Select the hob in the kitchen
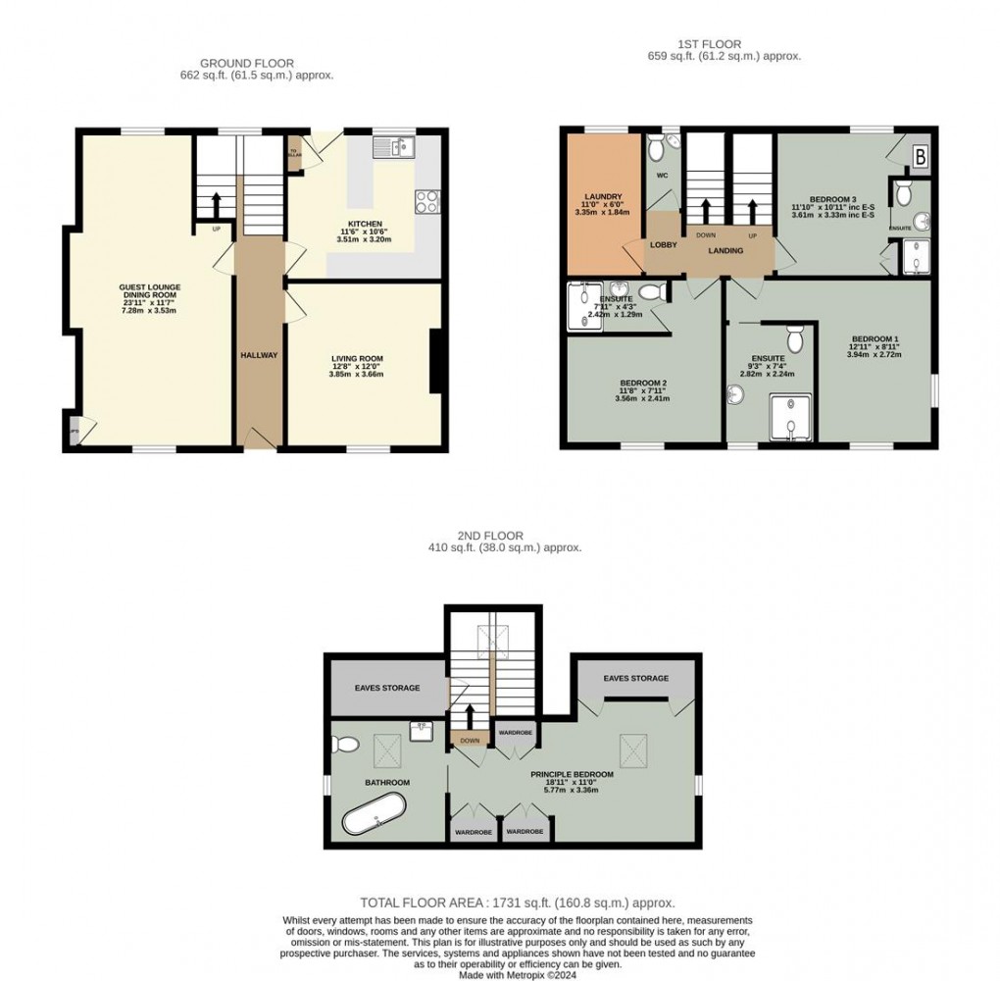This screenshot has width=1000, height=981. (427, 201)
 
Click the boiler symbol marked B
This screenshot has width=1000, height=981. (921, 155)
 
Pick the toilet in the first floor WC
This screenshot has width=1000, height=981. (658, 147)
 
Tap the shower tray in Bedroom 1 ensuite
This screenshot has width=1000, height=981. (790, 417)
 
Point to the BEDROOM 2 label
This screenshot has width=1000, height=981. (643, 384)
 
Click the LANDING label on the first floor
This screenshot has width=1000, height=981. (726, 251)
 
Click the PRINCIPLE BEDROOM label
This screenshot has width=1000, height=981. (572, 774)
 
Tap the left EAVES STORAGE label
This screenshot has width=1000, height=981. (387, 688)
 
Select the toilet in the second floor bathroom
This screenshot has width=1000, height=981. (344, 743)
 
